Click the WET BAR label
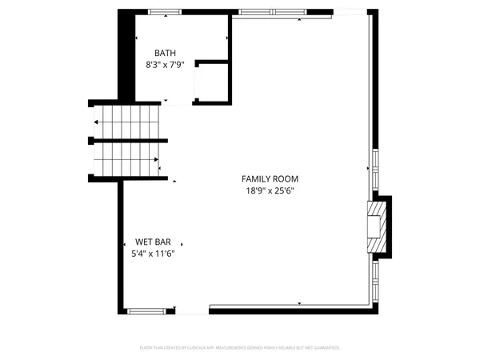coord(153,242)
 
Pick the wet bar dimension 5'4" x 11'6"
coord(153,253)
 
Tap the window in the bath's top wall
coord(165,11)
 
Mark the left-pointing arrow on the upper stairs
coord(97,122)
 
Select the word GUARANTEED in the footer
coord(326,348)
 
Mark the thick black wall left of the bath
coord(126,56)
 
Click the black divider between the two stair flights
coord(128,141)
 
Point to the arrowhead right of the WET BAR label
coord(182,242)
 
